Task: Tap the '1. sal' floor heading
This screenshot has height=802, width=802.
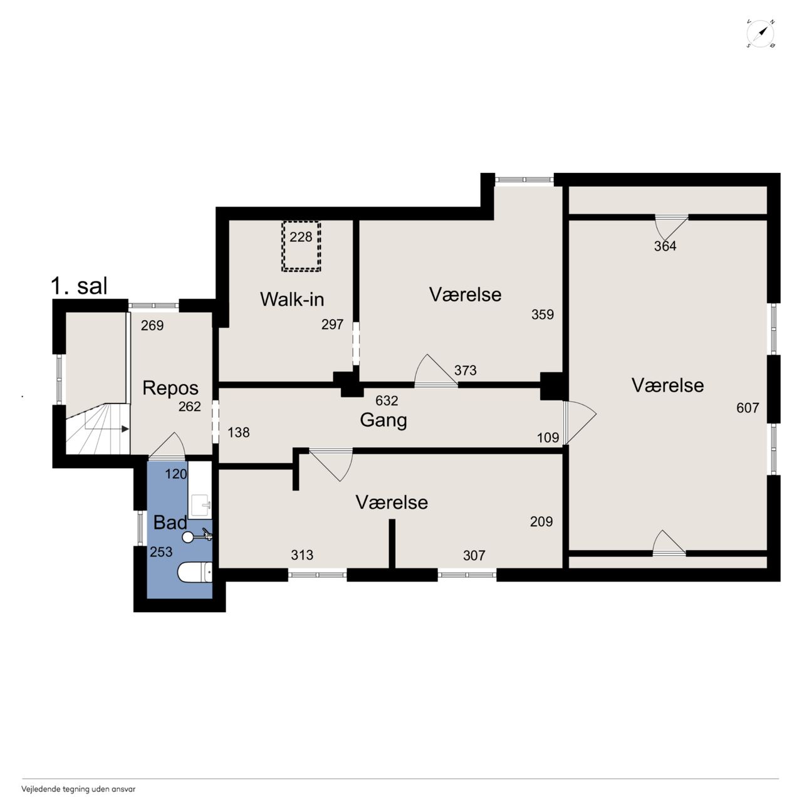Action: click(x=79, y=286)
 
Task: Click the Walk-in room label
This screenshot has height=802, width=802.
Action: click(x=292, y=299)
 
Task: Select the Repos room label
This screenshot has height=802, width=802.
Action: click(x=170, y=388)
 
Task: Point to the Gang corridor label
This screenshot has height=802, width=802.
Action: click(x=383, y=420)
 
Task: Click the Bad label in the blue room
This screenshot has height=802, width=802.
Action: click(x=170, y=523)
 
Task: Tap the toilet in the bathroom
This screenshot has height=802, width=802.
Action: click(x=195, y=573)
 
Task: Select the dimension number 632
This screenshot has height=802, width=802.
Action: click(x=387, y=400)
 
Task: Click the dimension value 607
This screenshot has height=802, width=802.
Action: click(x=747, y=408)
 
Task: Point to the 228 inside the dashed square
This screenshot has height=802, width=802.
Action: click(x=301, y=237)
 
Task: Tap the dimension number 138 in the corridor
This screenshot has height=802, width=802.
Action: click(x=239, y=432)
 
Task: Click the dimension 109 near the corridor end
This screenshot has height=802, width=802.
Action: click(x=548, y=437)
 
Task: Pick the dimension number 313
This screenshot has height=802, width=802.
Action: click(x=302, y=555)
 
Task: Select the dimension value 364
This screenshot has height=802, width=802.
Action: click(x=665, y=246)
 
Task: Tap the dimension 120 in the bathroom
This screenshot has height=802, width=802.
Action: click(x=175, y=474)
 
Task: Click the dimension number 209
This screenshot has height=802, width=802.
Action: click(x=541, y=521)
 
